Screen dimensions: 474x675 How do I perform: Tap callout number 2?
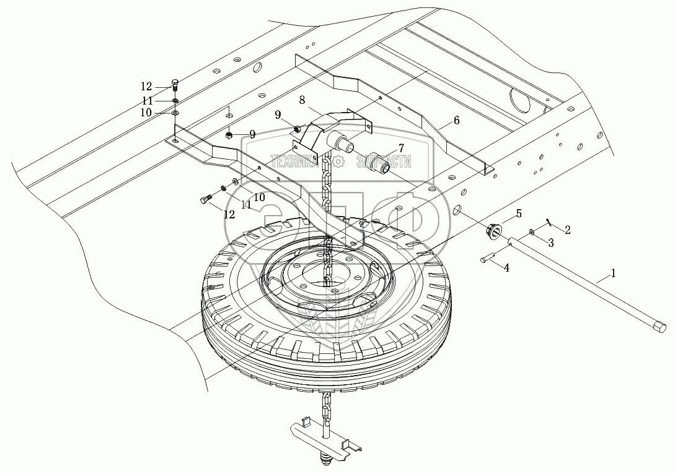point(568,228)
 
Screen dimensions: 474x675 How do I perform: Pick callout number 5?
point(519,213)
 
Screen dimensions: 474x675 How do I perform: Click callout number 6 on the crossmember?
point(456,120)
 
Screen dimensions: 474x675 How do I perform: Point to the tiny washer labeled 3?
point(532,232)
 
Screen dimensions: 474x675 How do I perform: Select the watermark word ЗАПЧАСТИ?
point(384,161)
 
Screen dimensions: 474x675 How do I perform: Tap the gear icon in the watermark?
point(338,161)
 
